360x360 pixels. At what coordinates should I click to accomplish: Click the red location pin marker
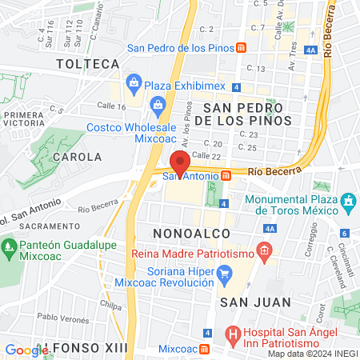(180, 162)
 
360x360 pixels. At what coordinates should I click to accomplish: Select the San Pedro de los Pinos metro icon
(242, 46)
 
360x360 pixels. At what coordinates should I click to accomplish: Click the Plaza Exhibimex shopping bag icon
(133, 82)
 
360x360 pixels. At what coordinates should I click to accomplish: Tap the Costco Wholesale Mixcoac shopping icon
(158, 105)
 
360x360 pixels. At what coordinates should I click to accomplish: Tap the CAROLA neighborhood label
(77, 157)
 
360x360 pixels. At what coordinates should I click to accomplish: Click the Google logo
(26, 350)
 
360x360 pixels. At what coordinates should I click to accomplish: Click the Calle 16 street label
(111, 106)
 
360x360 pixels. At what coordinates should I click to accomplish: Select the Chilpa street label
(110, 304)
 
